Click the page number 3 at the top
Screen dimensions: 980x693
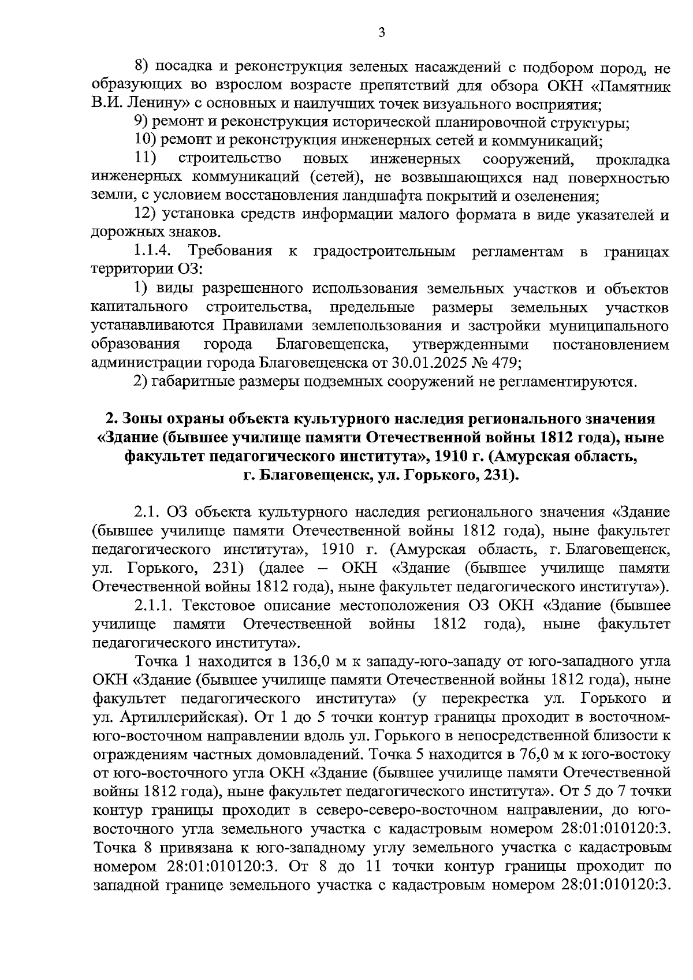[x=381, y=32]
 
